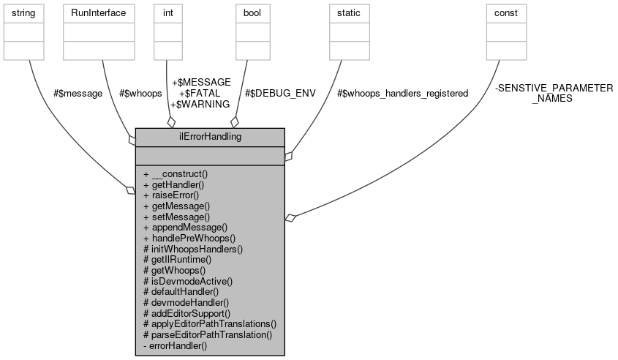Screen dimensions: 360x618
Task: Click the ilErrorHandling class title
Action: click(210, 137)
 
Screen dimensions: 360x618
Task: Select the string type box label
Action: click(24, 13)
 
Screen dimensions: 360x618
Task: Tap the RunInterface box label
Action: click(98, 13)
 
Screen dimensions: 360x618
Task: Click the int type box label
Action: click(170, 13)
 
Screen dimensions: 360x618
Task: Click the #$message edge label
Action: click(78, 94)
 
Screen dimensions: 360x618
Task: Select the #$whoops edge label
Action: click(140, 94)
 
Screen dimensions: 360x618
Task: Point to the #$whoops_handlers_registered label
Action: click(402, 94)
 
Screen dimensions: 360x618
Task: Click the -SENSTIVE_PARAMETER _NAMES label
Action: click(554, 93)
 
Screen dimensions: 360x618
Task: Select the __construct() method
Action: click(176, 174)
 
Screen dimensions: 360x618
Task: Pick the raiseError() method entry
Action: click(171, 195)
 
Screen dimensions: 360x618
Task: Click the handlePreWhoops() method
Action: click(189, 238)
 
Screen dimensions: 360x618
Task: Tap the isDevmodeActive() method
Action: click(188, 280)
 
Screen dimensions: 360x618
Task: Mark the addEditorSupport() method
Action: click(187, 312)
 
